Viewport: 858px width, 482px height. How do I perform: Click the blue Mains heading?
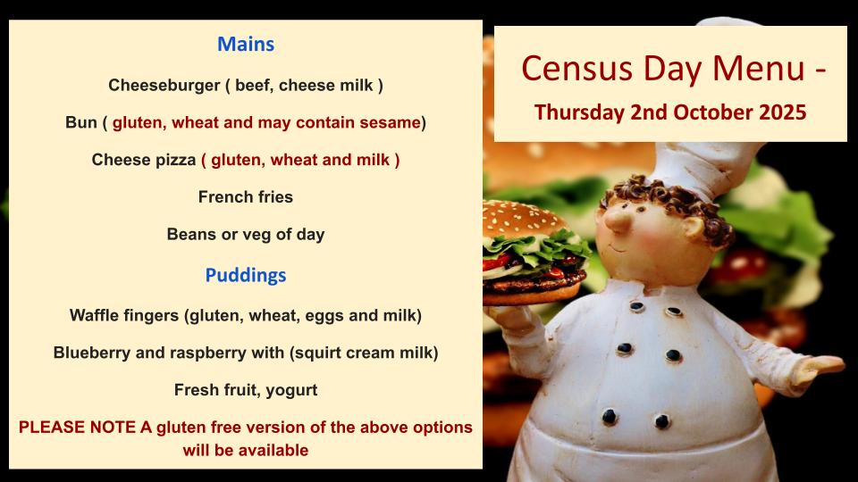point(246,45)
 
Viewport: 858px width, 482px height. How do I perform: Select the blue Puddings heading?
point(246,275)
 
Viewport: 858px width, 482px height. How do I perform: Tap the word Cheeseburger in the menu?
point(164,86)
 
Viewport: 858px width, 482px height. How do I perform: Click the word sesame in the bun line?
point(390,122)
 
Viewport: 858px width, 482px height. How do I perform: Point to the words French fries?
point(246,196)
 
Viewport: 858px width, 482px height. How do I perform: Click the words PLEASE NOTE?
point(77,428)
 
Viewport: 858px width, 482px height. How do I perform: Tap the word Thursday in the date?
point(579,112)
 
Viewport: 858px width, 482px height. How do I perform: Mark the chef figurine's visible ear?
point(692,228)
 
